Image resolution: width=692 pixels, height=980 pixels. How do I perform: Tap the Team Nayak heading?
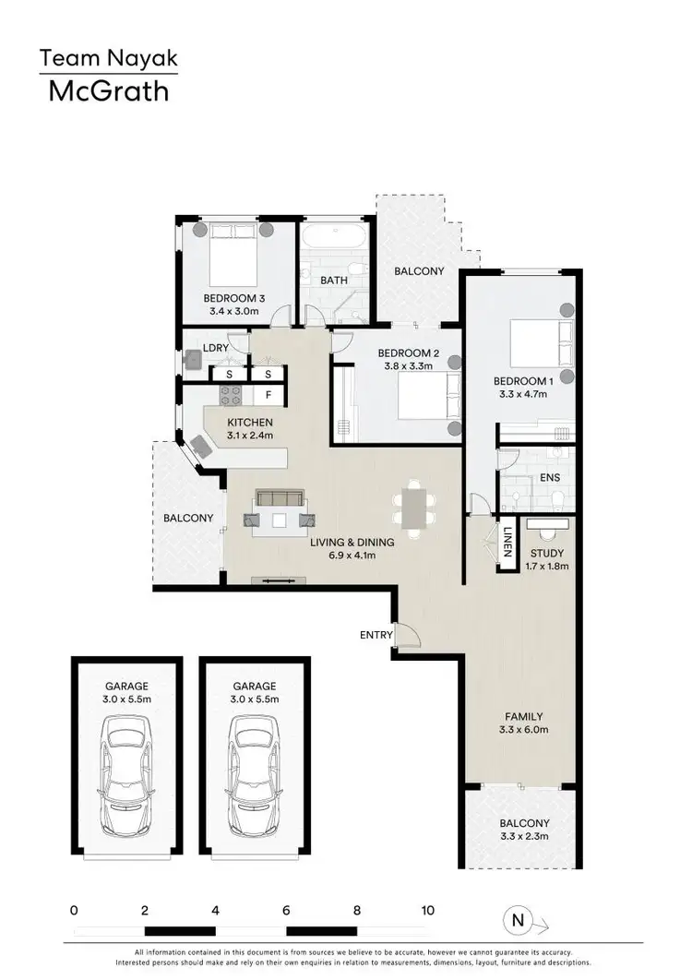pyautogui.click(x=108, y=59)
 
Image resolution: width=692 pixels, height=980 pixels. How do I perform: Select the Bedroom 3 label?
pyautogui.click(x=234, y=298)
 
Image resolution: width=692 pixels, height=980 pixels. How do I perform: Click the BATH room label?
pyautogui.click(x=332, y=280)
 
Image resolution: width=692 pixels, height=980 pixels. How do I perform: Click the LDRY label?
pyautogui.click(x=215, y=349)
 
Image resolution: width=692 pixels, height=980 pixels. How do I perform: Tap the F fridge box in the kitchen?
pyautogui.click(x=268, y=395)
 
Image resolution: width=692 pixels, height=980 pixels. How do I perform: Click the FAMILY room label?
pyautogui.click(x=523, y=716)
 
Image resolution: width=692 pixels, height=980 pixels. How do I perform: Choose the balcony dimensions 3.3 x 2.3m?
pyautogui.click(x=524, y=836)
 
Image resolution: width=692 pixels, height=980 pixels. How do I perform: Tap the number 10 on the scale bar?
pyautogui.click(x=427, y=910)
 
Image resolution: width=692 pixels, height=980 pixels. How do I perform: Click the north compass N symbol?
pyautogui.click(x=519, y=919)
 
